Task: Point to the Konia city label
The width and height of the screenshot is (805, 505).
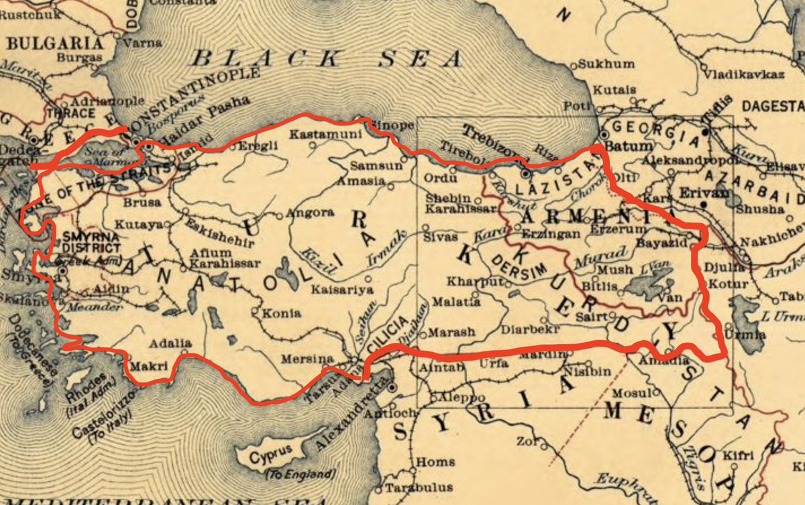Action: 277,313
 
